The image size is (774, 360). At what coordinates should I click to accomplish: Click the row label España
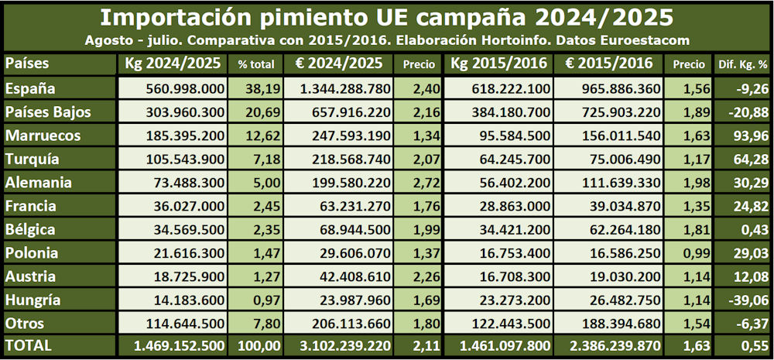point(29,89)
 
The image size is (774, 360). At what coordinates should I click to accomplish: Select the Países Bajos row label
point(48,112)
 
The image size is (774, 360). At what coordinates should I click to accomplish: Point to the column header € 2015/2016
point(608,63)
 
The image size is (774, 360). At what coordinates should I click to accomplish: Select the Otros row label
point(25,323)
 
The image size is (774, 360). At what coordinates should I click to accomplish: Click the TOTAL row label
point(28,346)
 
